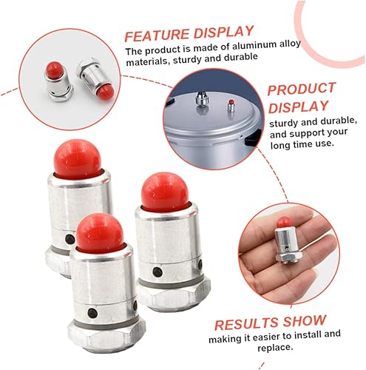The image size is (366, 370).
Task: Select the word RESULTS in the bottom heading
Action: pyautogui.click(x=244, y=323)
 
